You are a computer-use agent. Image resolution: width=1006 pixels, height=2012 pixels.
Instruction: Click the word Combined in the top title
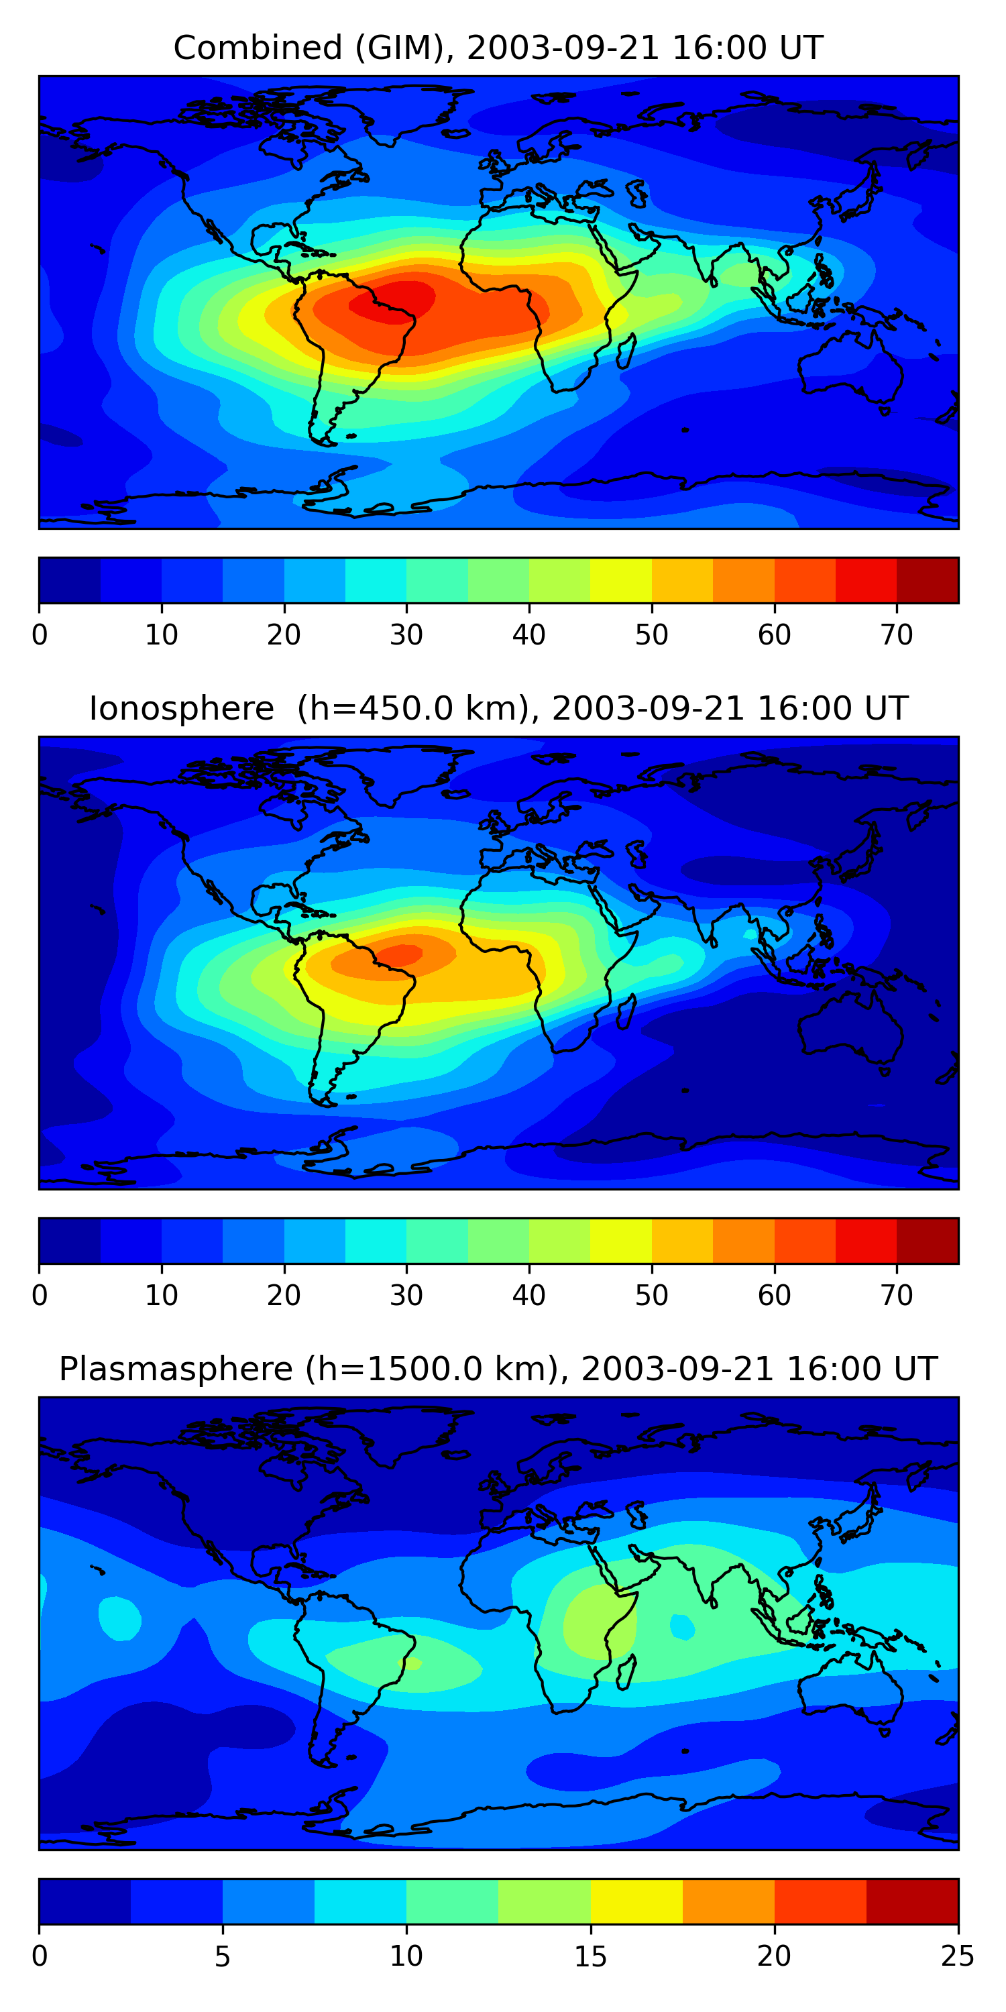257,48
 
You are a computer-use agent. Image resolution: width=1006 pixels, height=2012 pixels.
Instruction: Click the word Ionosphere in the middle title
181,708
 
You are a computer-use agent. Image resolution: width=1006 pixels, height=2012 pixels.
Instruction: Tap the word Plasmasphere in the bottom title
175,1370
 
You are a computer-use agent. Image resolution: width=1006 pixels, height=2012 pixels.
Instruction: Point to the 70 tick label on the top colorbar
896,635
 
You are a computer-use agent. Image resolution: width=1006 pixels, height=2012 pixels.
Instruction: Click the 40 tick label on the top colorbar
528,635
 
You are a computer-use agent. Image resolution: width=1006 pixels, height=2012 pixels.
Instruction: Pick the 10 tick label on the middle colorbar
161,1296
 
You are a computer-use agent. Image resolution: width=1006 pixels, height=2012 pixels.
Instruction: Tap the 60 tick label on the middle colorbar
774,1296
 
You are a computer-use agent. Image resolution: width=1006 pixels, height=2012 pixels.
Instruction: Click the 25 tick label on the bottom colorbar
957,1956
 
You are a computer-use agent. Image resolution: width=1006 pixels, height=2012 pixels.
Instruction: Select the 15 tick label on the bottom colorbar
590,1956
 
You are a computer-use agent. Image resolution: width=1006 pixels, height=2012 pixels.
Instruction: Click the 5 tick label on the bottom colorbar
223,1956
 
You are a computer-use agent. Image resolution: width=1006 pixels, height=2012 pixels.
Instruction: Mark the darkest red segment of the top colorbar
927,580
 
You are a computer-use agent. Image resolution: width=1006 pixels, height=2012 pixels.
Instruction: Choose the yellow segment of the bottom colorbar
636,1902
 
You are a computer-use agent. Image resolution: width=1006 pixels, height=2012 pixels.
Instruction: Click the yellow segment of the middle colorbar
620,1241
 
